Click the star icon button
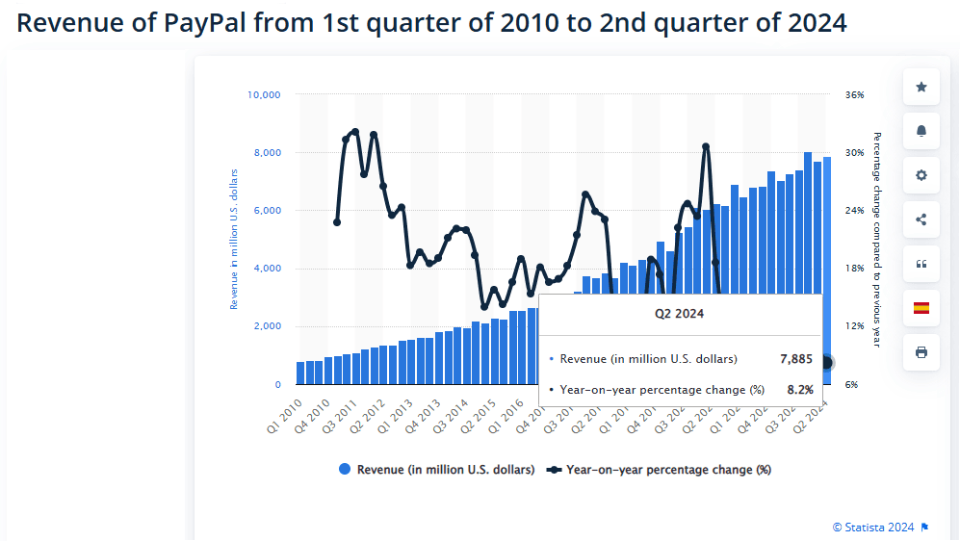point(921,88)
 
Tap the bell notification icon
point(921,131)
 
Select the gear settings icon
point(921,175)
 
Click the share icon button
point(921,219)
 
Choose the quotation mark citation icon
point(921,264)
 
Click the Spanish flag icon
point(921,308)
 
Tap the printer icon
point(921,352)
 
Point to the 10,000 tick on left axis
point(263,95)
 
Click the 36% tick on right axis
point(855,95)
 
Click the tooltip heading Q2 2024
point(680,313)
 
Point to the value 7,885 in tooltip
point(796,359)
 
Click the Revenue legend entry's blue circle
point(345,470)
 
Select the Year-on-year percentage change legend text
point(668,470)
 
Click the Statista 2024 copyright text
point(873,527)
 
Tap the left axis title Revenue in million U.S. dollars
point(233,239)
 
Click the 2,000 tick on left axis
point(266,326)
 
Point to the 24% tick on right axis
point(855,211)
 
